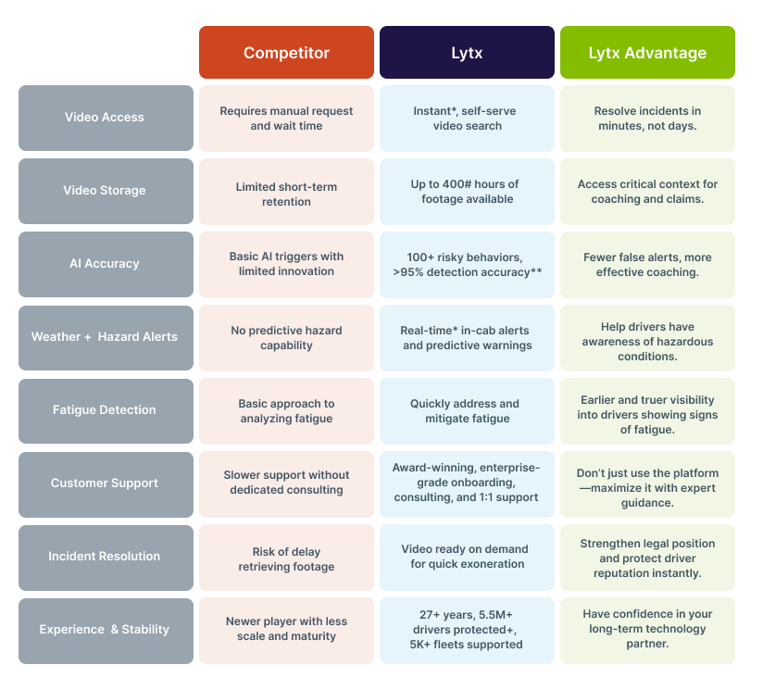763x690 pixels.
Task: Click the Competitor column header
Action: (286, 53)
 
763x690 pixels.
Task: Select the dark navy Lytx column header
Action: (467, 53)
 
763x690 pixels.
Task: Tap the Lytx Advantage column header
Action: (647, 53)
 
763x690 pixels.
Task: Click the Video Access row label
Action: (106, 118)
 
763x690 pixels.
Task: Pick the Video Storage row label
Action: (106, 191)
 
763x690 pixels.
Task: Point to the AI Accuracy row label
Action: (106, 264)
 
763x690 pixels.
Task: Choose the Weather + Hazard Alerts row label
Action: (106, 337)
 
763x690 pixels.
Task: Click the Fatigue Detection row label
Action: (106, 410)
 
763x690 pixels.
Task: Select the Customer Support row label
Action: (106, 483)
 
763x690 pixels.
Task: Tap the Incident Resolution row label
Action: (106, 557)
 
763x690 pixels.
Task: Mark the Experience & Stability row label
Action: (106, 630)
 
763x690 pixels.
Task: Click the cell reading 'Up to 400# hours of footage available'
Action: (467, 191)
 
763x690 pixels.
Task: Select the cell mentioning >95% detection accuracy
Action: (467, 264)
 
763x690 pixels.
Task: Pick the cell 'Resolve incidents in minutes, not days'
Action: (647, 118)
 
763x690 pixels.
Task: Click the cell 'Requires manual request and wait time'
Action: (286, 118)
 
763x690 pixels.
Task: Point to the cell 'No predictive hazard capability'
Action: (286, 337)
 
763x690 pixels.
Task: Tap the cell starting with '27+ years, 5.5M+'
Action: (467, 630)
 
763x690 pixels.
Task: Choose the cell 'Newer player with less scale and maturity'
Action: (286, 630)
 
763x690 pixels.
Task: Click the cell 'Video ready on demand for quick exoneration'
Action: (467, 557)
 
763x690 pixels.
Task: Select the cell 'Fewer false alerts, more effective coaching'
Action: (647, 264)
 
